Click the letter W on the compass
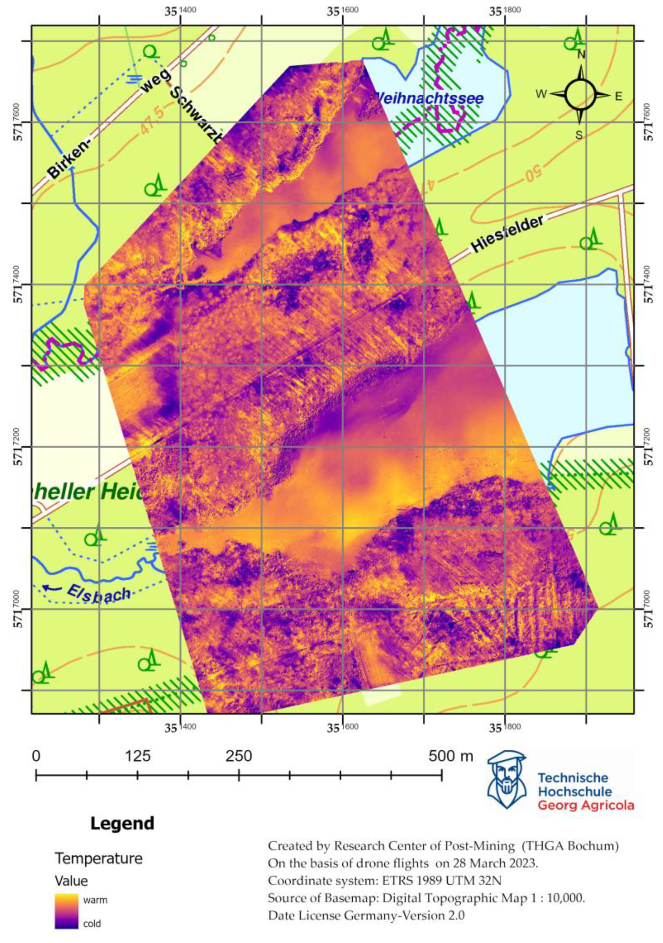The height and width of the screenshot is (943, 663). point(542,95)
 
